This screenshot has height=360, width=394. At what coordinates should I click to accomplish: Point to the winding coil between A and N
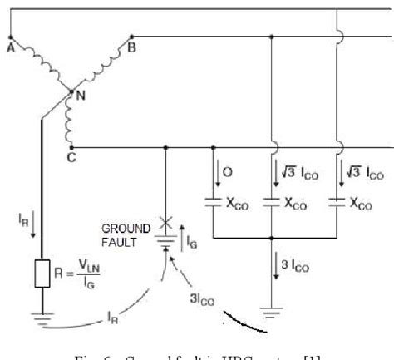pyautogui.click(x=39, y=65)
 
